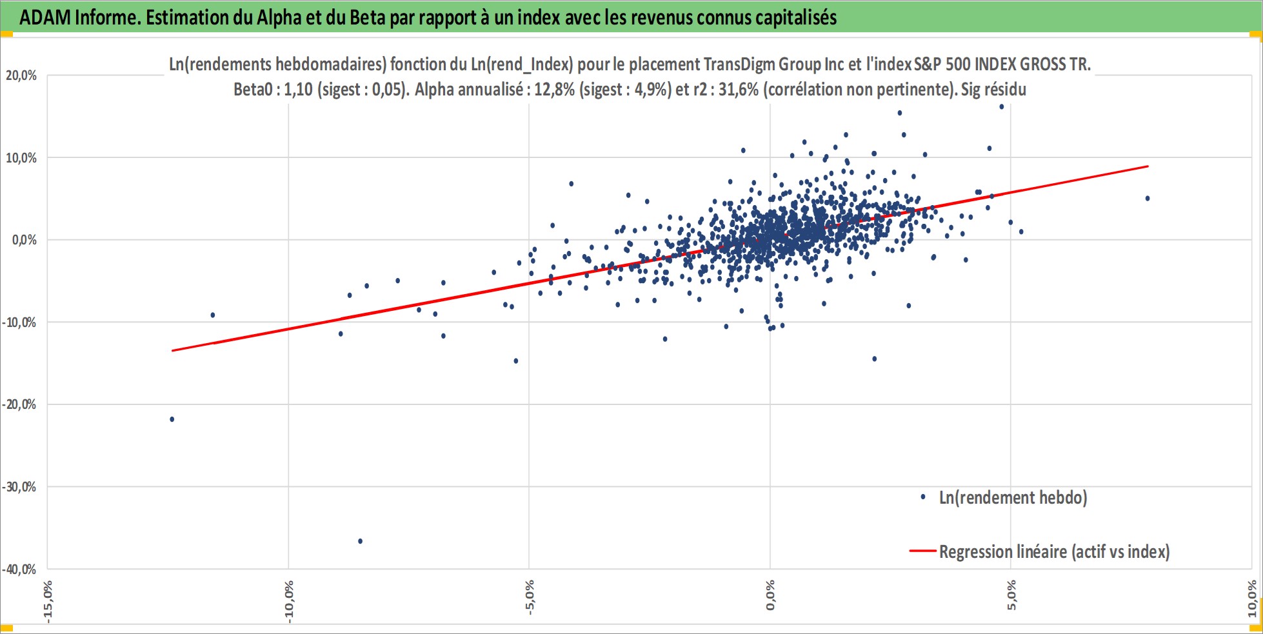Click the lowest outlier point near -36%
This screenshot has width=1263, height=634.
tap(360, 541)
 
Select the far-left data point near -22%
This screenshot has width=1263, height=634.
tap(172, 419)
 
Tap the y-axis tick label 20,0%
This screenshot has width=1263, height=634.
tap(21, 75)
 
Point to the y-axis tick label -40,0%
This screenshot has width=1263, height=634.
tap(19, 570)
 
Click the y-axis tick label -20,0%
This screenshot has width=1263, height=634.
tap(19, 404)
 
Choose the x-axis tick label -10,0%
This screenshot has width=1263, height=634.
tap(289, 602)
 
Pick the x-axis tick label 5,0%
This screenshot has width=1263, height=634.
tap(1011, 595)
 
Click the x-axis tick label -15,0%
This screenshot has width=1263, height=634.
tap(48, 602)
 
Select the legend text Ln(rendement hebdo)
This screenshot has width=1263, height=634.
tap(1013, 497)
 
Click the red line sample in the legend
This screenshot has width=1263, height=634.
tap(922, 551)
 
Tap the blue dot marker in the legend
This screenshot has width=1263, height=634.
tap(923, 497)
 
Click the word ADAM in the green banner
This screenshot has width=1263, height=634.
tap(45, 17)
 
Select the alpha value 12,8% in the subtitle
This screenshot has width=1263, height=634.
tap(554, 89)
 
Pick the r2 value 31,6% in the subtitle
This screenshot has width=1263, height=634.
tap(738, 89)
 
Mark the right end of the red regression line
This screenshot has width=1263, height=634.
tap(1148, 166)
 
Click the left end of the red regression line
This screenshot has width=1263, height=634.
tap(172, 350)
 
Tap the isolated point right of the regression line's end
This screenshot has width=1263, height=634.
tap(1148, 198)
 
